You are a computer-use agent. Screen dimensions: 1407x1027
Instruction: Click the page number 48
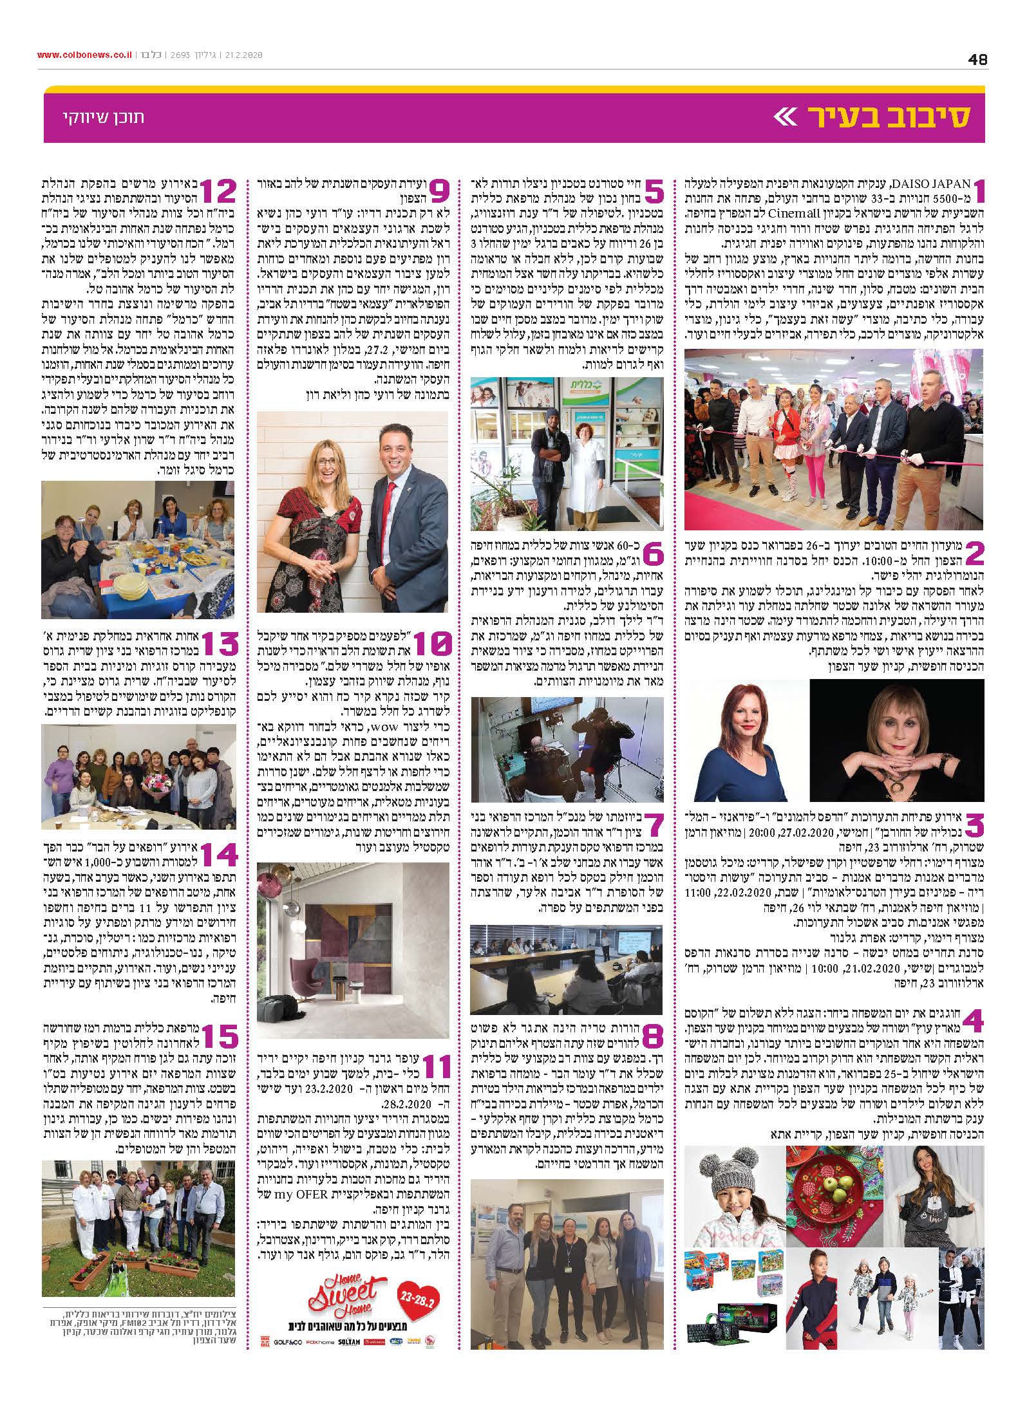977,59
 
